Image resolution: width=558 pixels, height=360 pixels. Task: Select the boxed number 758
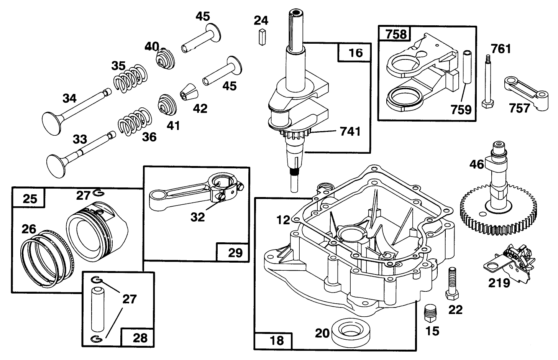396,34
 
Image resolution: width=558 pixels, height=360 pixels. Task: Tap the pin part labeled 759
466,67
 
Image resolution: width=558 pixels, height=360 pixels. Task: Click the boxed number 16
355,53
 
